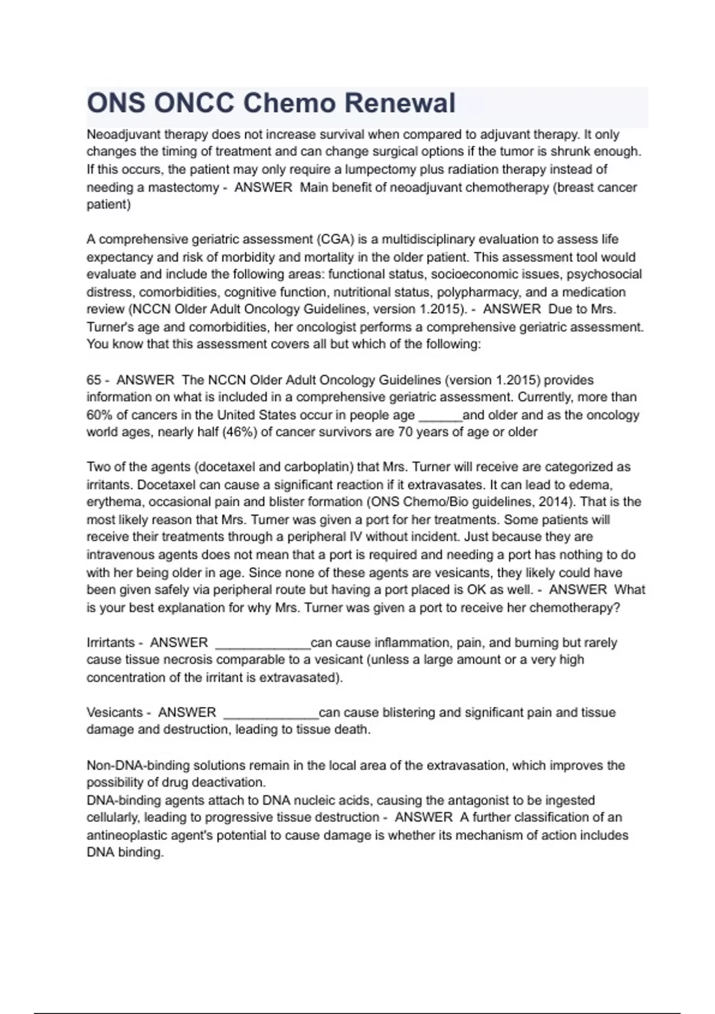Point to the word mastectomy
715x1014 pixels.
[183, 187]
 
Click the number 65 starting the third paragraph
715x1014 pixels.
[94, 380]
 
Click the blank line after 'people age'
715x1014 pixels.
[440, 416]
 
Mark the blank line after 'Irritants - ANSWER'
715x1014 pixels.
[262, 644]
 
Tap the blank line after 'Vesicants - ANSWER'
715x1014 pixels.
[271, 714]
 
